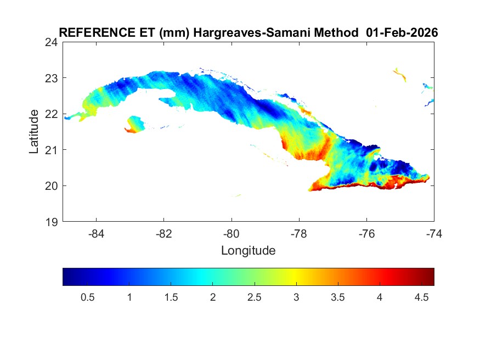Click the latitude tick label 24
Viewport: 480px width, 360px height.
[53, 42]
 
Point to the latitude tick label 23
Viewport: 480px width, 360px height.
[53, 78]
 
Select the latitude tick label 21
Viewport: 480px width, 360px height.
[53, 150]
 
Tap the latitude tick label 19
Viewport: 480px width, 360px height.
[53, 222]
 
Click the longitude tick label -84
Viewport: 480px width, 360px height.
[97, 233]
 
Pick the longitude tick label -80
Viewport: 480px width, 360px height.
[231, 233]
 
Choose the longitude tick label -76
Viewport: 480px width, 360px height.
[366, 233]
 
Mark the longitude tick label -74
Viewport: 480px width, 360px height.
[434, 233]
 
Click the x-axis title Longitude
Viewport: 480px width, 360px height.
[248, 251]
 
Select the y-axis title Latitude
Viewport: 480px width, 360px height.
[34, 132]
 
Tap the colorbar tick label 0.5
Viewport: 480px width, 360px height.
[88, 297]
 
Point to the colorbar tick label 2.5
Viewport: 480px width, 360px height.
[255, 297]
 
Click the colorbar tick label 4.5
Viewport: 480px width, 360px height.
[421, 297]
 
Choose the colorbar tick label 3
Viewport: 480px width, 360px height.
[296, 297]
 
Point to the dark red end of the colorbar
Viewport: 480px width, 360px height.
[430, 277]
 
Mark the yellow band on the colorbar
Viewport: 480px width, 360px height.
[296, 277]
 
